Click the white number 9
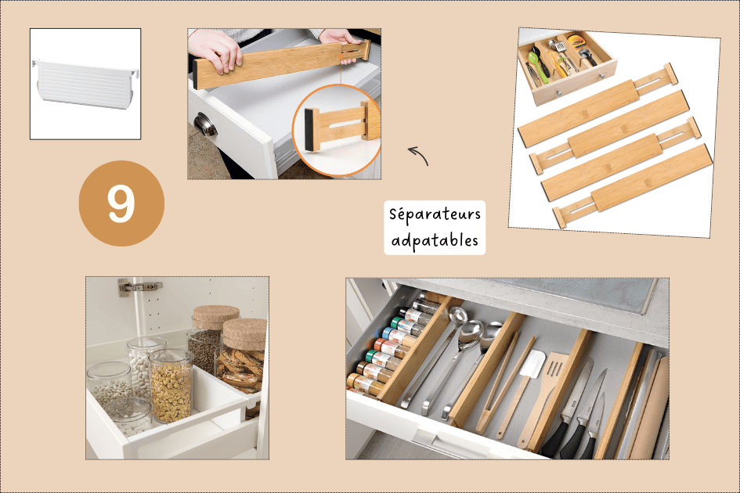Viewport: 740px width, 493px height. point(121,203)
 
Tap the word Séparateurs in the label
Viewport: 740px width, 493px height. point(435,214)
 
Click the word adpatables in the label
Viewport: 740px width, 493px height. point(435,240)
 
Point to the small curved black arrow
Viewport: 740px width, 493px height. point(418,156)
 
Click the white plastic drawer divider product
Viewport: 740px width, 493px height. point(85,84)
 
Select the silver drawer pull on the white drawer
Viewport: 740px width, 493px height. point(205,124)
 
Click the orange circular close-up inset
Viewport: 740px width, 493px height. point(337,130)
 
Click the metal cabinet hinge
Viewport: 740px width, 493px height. point(139,286)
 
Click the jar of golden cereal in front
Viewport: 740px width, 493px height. point(171,386)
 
